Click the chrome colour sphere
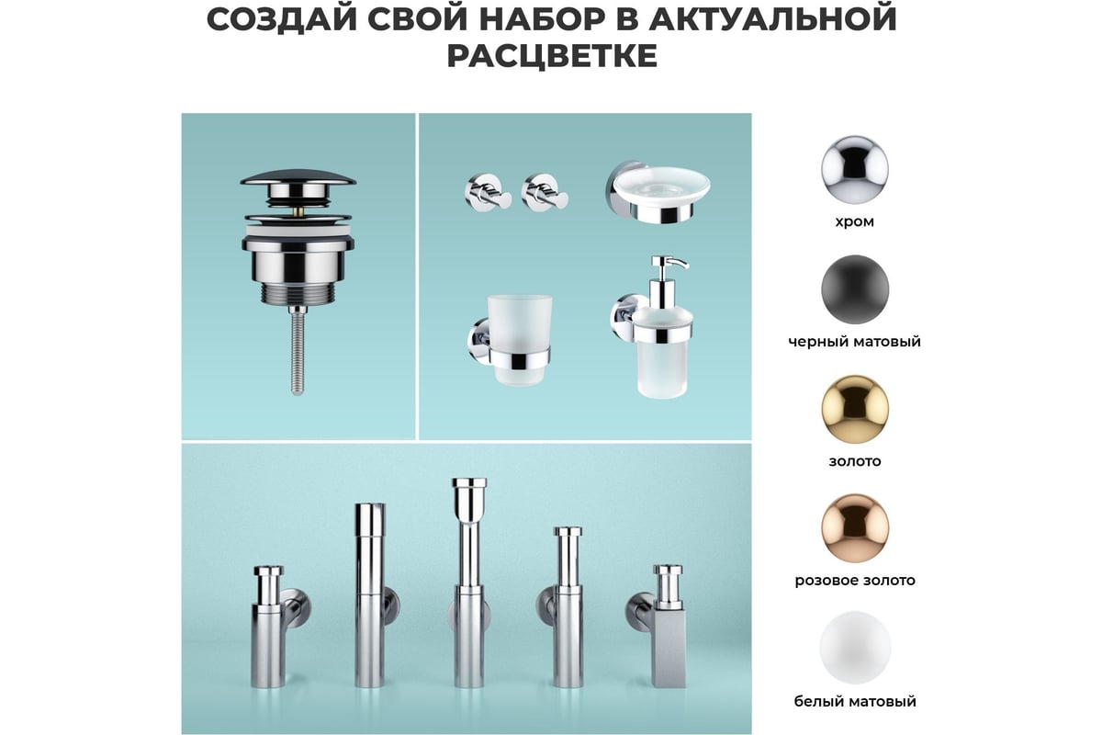coord(855,169)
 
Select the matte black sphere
coord(855,289)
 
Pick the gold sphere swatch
coord(855,409)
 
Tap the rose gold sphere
coord(855,528)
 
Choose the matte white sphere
coord(855,648)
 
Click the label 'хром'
coord(855,222)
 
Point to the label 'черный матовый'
coord(855,341)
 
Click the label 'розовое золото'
coord(855,581)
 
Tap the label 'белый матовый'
coord(855,701)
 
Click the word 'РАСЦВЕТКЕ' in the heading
coord(552,56)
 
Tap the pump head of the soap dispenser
coord(668,265)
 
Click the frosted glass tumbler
coord(519,340)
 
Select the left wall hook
coord(488,193)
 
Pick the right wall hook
coord(545,193)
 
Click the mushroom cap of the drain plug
coord(298,178)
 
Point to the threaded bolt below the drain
coord(298,350)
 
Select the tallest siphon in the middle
coord(469,582)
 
